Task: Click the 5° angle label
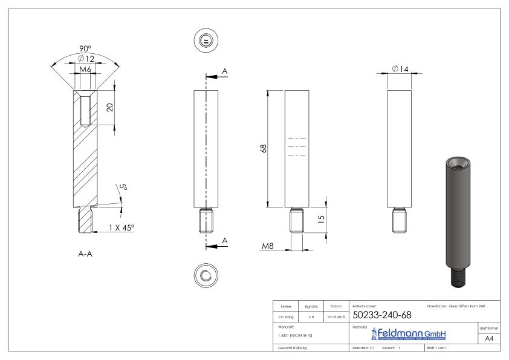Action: point(123,188)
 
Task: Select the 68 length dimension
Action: point(263,148)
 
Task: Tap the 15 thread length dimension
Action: point(321,217)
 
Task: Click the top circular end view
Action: point(206,41)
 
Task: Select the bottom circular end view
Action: point(206,275)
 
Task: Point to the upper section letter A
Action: point(225,71)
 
